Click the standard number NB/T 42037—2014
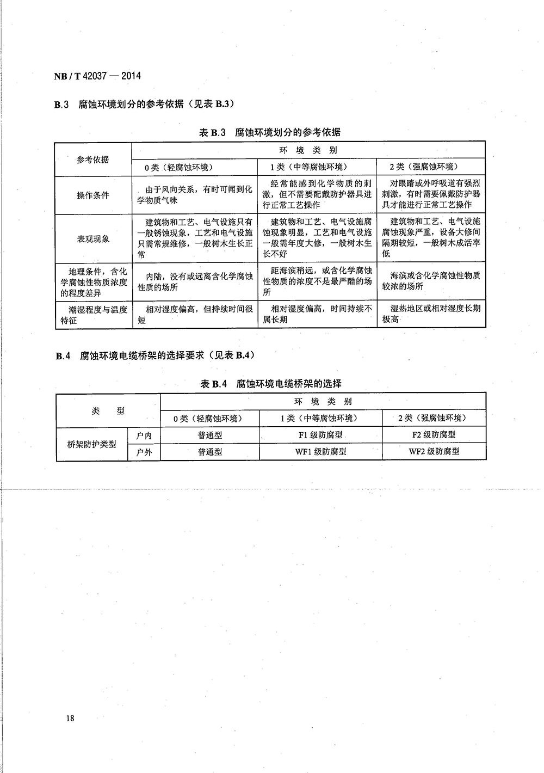click(97, 76)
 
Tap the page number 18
click(70, 718)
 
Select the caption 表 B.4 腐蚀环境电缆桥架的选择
click(271, 384)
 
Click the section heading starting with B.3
click(145, 105)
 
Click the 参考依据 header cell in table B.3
click(93, 159)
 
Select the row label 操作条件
click(93, 195)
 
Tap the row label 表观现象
click(93, 239)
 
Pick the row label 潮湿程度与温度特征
click(93, 315)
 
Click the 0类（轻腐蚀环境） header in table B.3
click(179, 167)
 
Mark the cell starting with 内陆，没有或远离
click(195, 281)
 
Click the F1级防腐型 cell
click(321, 434)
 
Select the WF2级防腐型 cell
click(434, 451)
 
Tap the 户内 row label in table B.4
click(144, 435)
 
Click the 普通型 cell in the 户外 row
click(210, 452)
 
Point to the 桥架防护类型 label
click(91, 444)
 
